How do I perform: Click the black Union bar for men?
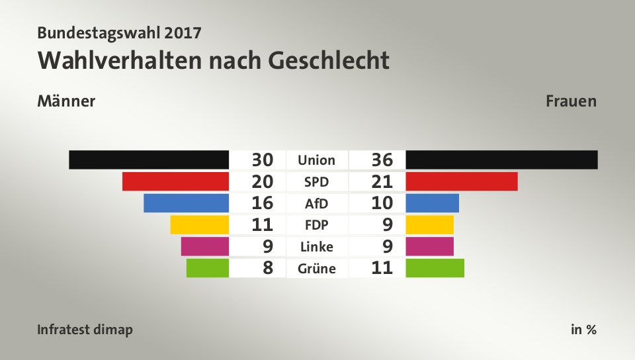coord(149,159)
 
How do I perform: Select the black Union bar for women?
coord(501,159)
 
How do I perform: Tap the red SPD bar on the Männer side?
coord(175,181)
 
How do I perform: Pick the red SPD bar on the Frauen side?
coord(462,181)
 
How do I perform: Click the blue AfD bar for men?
coord(186,203)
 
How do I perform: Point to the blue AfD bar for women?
coord(432,203)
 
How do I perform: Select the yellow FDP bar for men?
coord(199,225)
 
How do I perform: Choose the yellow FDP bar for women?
coord(429,225)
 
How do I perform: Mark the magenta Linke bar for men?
coord(204,246)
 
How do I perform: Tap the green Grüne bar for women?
coord(435,268)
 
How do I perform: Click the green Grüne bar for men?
coord(208,268)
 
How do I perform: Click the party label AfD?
coord(316,203)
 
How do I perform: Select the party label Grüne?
coord(316,268)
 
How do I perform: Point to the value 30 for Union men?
coord(263,159)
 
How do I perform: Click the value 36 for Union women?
coord(382,159)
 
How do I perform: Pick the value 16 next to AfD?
coord(263,203)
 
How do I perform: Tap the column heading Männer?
coord(66,101)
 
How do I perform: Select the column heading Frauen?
coord(571,101)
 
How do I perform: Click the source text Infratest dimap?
coord(85,330)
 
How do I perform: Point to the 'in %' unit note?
coord(583,330)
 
